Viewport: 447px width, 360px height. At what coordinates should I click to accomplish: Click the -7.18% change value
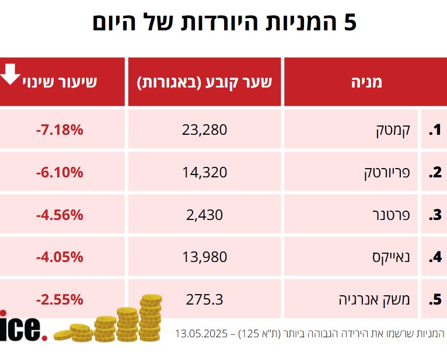pos(60,130)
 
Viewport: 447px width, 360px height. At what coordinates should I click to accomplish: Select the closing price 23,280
pos(204,130)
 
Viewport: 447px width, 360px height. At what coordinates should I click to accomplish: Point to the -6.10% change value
pos(60,173)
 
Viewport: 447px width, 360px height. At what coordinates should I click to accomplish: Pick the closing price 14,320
pos(204,173)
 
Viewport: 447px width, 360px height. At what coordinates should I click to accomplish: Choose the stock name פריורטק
pos(383,173)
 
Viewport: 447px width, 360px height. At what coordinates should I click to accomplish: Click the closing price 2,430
pos(204,215)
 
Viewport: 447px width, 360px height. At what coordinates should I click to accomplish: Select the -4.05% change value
pos(60,257)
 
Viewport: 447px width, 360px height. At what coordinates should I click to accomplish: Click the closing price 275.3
pos(204,300)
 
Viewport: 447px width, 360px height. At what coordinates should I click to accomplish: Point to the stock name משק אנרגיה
pos(375,300)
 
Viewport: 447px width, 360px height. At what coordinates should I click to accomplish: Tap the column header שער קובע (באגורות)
pos(204,82)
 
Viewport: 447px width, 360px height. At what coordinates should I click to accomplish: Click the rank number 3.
pos(435,215)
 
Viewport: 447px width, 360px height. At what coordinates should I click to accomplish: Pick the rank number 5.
pos(435,300)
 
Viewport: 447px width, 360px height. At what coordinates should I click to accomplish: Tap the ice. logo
pos(22,328)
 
